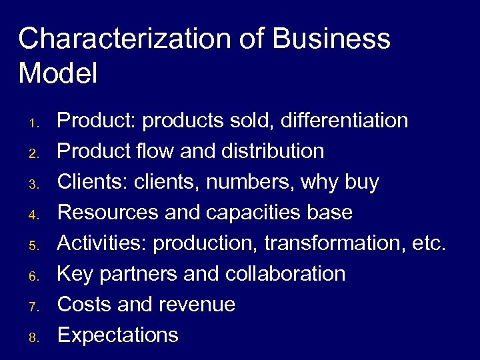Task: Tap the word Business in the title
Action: pyautogui.click(x=331, y=39)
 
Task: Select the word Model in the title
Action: pyautogui.click(x=58, y=73)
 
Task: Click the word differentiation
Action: pyautogui.click(x=345, y=121)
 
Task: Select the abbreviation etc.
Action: pyautogui.click(x=428, y=243)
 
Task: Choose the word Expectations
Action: pyautogui.click(x=118, y=335)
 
